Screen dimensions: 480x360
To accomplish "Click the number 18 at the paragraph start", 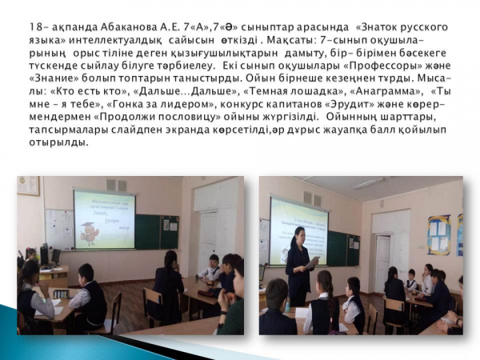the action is (35, 27).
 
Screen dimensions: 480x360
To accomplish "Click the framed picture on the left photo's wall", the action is (29, 186).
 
